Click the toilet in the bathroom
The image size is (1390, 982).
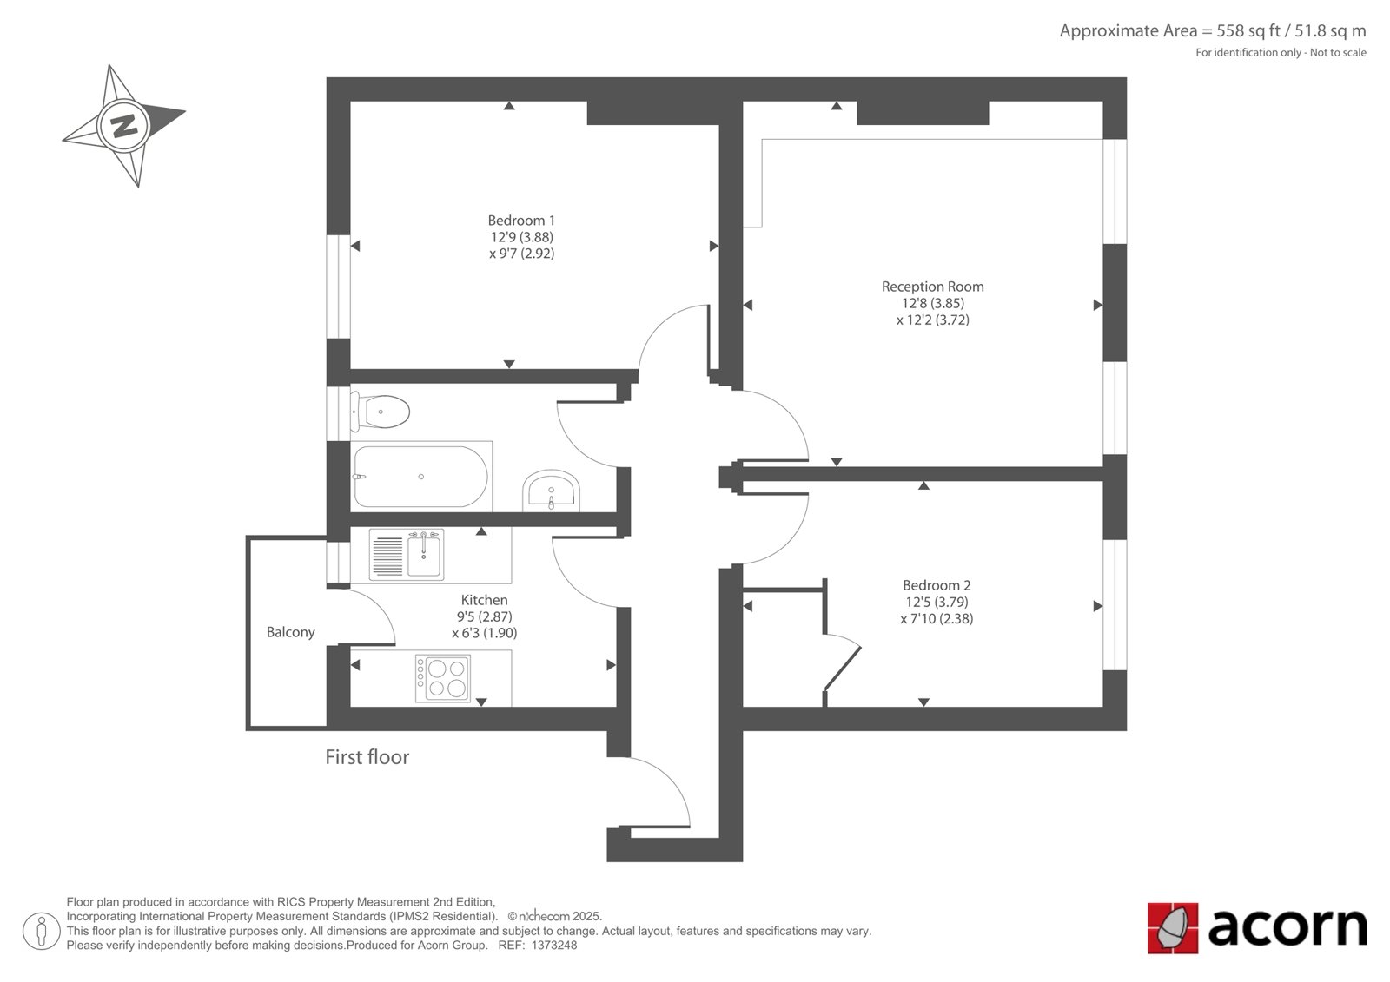[380, 412]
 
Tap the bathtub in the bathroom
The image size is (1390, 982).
[421, 477]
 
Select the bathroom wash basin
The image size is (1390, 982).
[551, 490]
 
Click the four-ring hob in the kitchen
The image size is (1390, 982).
[442, 678]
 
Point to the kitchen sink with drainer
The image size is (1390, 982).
[407, 554]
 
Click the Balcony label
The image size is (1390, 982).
[290, 632]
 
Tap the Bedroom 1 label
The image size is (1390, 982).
[521, 221]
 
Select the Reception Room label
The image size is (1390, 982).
[933, 287]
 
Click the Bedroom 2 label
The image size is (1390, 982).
[937, 585]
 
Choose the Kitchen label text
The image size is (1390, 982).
[484, 600]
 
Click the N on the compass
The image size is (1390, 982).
[124, 127]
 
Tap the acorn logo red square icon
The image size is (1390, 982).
[1173, 928]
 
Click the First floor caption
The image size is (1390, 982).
[367, 757]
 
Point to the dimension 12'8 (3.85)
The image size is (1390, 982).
[933, 303]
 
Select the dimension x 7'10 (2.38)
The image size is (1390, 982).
[937, 618]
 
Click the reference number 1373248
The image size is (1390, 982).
[554, 946]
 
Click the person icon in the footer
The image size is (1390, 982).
[42, 931]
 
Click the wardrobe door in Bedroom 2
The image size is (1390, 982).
[843, 667]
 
